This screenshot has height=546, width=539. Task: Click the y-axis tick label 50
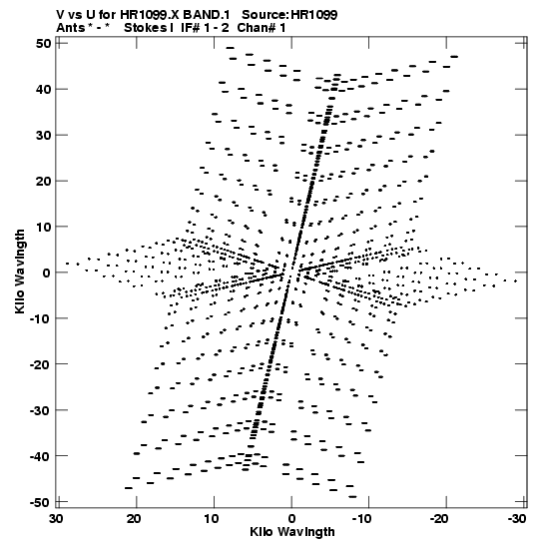(43, 44)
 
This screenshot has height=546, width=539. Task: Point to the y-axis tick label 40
(43, 90)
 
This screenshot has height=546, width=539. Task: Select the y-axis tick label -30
(40, 410)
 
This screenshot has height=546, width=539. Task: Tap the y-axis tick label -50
(40, 502)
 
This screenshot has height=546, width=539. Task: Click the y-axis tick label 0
(47, 273)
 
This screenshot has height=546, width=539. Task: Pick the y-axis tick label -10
(40, 318)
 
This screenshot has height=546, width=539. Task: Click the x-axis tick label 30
(56, 519)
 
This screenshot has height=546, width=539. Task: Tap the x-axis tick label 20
(134, 519)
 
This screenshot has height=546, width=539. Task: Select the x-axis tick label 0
(291, 519)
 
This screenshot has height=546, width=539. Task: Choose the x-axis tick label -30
(515, 519)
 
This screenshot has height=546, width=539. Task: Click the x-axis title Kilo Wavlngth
(292, 532)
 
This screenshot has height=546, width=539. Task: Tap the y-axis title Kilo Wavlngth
(20, 272)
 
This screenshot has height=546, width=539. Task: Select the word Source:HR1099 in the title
(289, 15)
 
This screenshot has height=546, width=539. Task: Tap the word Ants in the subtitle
(70, 28)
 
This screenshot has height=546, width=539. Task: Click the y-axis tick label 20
(43, 181)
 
